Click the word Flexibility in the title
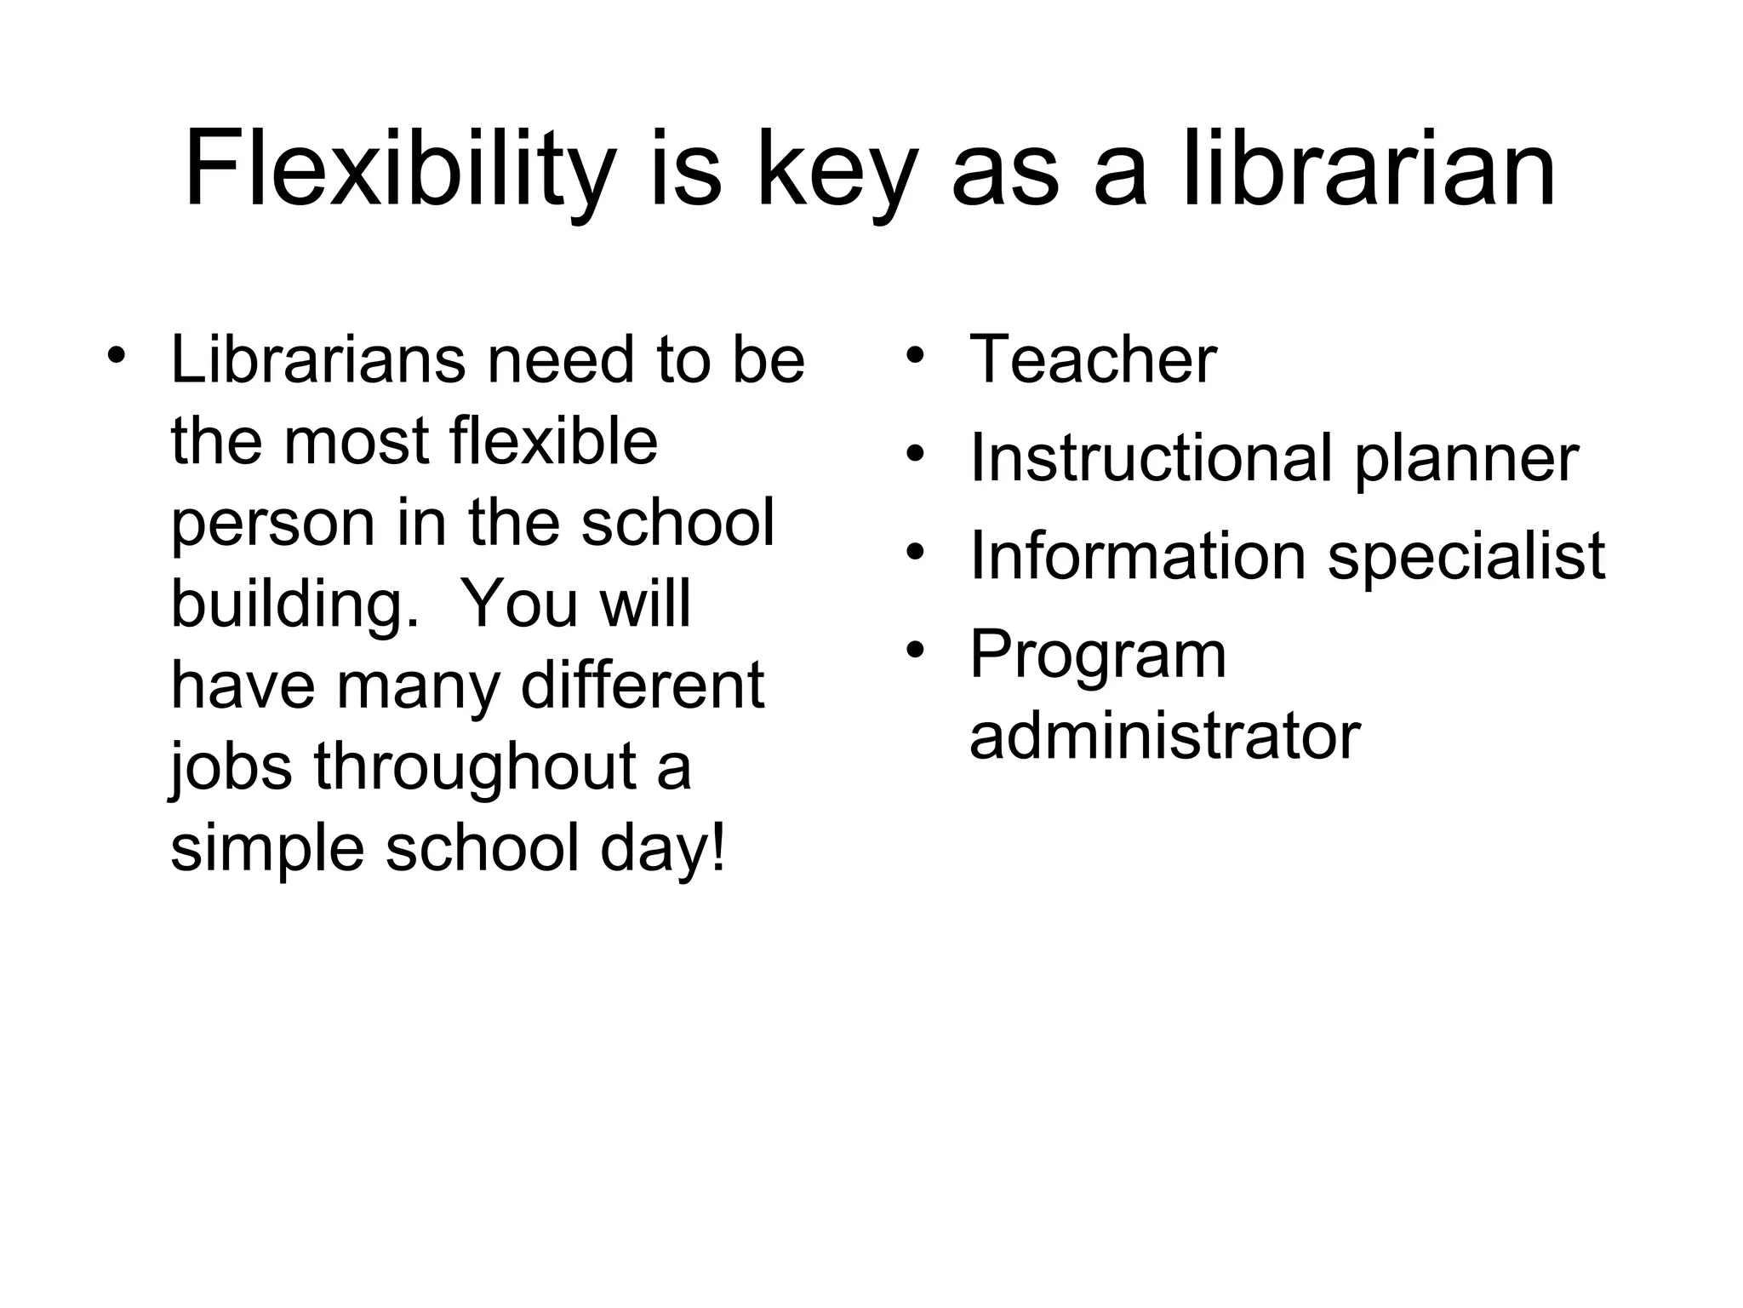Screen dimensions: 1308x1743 (x=398, y=170)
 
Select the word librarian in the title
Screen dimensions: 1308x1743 (x=1369, y=170)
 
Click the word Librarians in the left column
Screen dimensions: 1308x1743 (x=317, y=360)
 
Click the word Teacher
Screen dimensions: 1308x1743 (x=1093, y=360)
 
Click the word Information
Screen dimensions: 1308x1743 (x=1137, y=557)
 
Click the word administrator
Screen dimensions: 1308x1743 (x=1164, y=736)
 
